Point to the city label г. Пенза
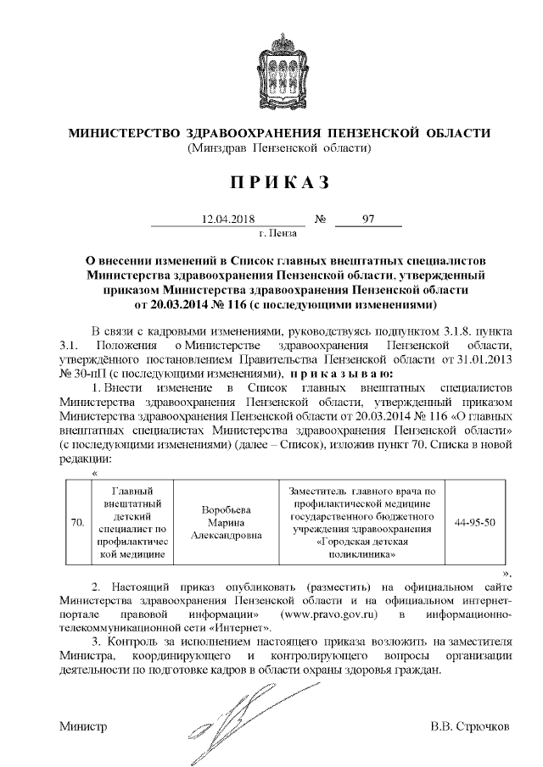pyautogui.click(x=277, y=231)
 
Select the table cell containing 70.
pyautogui.click(x=77, y=523)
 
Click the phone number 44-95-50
pyautogui.click(x=473, y=523)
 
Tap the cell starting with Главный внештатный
pyautogui.click(x=130, y=523)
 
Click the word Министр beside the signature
pyautogui.click(x=83, y=727)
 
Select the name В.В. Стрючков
pyautogui.click(x=470, y=727)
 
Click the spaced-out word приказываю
pyautogui.click(x=339, y=373)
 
